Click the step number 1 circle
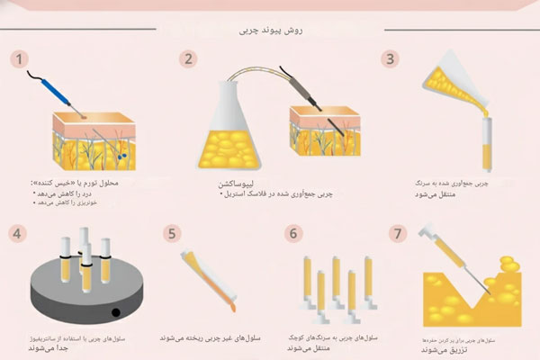tap(16, 59)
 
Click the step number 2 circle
tap(188, 59)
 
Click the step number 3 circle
tap(390, 59)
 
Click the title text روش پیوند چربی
tap(271, 28)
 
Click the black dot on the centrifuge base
tap(114, 313)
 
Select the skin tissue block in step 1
tap(88, 139)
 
